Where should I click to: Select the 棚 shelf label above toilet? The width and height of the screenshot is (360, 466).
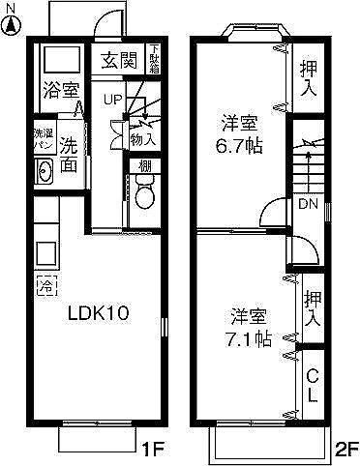pyautogui.click(x=144, y=166)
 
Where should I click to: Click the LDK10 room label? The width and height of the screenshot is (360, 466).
pyautogui.click(x=97, y=313)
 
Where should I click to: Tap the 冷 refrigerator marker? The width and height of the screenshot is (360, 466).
pyautogui.click(x=45, y=285)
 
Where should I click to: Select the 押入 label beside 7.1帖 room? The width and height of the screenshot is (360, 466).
pyautogui.click(x=312, y=307)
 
